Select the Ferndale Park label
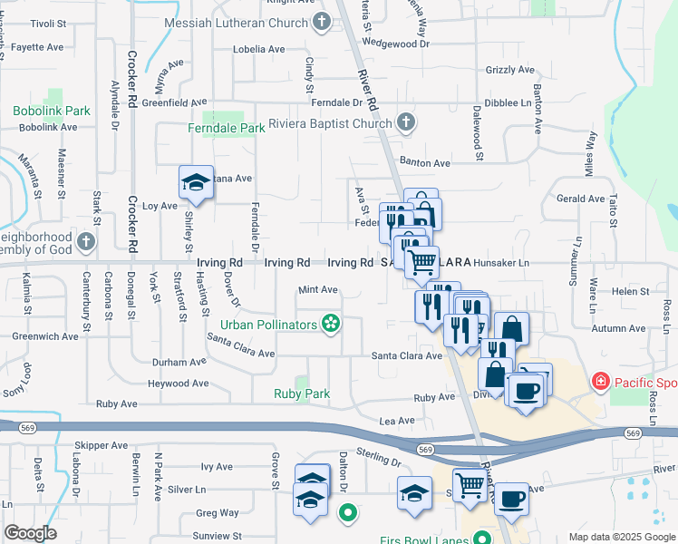pos(226,128)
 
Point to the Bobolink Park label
pos(52,111)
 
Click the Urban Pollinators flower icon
pos(331,324)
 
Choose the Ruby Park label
pos(302,393)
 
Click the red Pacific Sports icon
pos(600,382)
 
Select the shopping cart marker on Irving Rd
pos(421,263)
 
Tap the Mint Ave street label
pos(318,290)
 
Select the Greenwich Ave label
pos(45,335)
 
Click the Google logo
pos(30,533)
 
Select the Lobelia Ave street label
pos(259,49)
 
